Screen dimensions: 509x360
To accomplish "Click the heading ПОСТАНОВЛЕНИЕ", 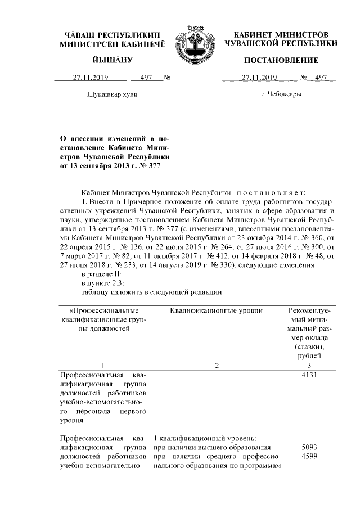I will point(281,60).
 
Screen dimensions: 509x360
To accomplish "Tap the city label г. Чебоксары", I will point(281,94).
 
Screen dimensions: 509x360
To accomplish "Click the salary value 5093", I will point(310,447).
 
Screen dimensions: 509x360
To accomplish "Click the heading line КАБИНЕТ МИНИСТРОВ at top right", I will point(281,35).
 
